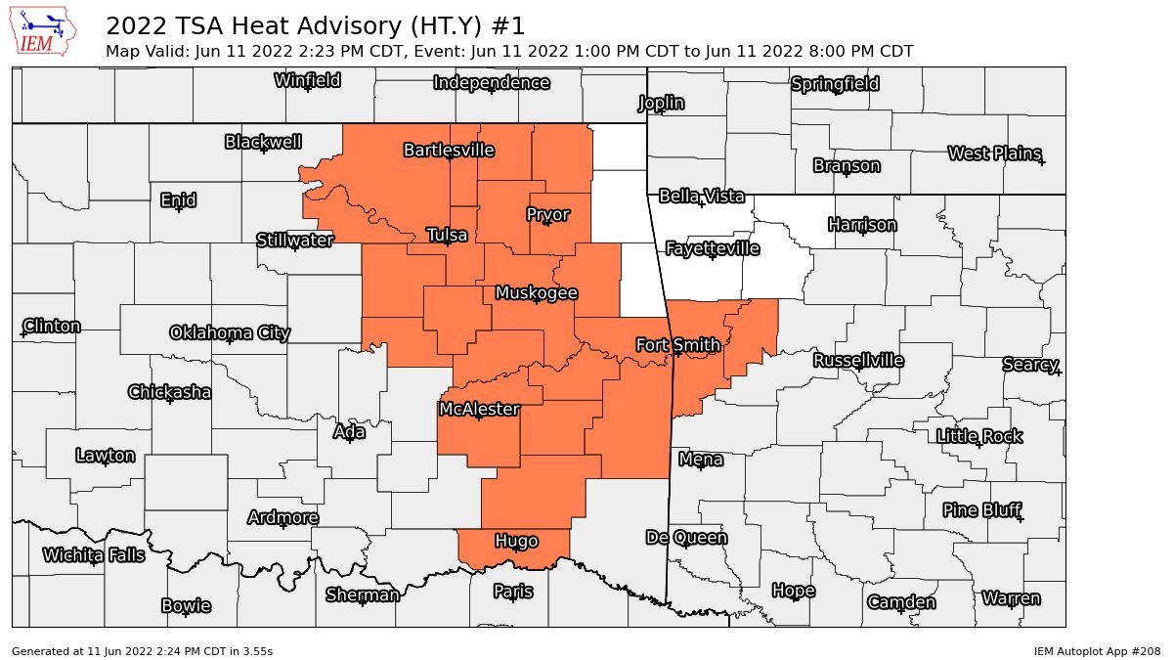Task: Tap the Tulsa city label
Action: [x=447, y=235]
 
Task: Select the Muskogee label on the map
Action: [x=536, y=293]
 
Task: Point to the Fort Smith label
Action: [x=677, y=345]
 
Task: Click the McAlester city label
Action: [x=478, y=409]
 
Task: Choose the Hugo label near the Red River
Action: [x=516, y=541]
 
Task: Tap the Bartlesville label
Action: [x=449, y=151]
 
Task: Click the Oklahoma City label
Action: [x=230, y=332]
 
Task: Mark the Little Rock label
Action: [x=978, y=436]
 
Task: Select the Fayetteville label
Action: [x=712, y=248]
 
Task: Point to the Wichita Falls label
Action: [x=94, y=555]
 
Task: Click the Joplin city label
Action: [x=661, y=103]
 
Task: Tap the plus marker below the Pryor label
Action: [x=547, y=223]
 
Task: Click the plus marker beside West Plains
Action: [x=1042, y=161]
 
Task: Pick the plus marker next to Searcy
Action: [x=1057, y=372]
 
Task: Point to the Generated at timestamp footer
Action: [x=142, y=650]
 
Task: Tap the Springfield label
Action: [x=835, y=84]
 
